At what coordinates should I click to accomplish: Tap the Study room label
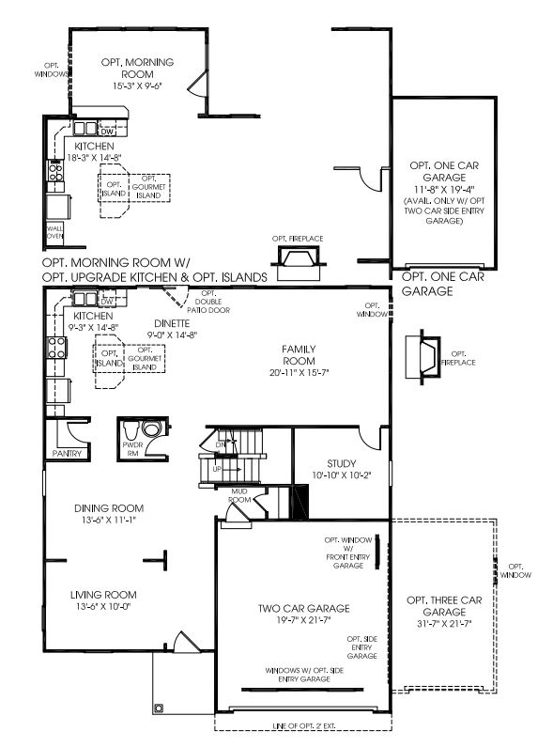click(x=342, y=463)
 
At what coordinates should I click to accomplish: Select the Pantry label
click(x=69, y=453)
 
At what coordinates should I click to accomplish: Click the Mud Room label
click(x=239, y=495)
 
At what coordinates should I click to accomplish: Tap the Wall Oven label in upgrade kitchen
click(x=54, y=232)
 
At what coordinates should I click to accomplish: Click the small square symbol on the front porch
click(x=161, y=708)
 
